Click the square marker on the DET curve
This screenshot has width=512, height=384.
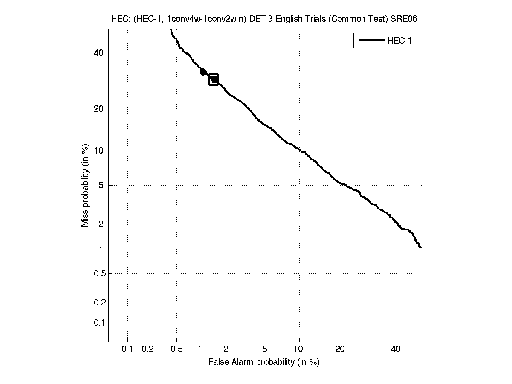pyautogui.click(x=214, y=79)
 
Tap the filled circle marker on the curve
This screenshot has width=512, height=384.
pyautogui.click(x=203, y=72)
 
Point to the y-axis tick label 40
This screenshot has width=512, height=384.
pyautogui.click(x=98, y=53)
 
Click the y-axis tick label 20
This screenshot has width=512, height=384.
pyautogui.click(x=98, y=109)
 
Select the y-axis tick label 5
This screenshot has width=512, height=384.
pyautogui.click(x=101, y=185)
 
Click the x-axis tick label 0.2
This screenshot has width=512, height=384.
pyautogui.click(x=148, y=349)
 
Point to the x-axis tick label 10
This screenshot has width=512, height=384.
pyautogui.click(x=300, y=349)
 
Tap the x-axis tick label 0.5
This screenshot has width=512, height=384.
pyautogui.click(x=176, y=349)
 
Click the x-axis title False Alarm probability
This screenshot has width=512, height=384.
pyautogui.click(x=263, y=362)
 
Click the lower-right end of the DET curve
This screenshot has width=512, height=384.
pyautogui.click(x=420, y=247)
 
